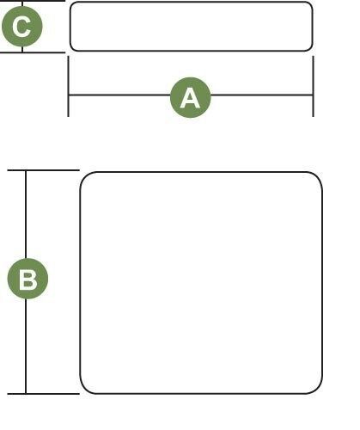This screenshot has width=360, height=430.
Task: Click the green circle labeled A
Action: tap(191, 97)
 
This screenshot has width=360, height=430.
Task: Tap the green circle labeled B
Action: tap(27, 279)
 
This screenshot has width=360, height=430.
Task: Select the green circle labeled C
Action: tap(22, 26)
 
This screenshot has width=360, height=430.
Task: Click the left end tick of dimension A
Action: tap(68, 86)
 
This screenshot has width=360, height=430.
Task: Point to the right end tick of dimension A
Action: tap(314, 86)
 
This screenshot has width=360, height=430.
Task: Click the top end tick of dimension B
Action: tap(43, 170)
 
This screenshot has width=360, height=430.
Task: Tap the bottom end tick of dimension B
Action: tap(43, 394)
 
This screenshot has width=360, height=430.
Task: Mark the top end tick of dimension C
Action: tap(33, 1)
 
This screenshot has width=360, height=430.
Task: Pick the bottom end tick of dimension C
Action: tap(33, 52)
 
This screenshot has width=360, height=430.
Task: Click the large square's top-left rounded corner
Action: tap(84, 176)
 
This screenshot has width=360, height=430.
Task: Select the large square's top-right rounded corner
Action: tap(318, 176)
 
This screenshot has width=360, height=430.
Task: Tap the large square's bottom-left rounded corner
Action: tap(84, 390)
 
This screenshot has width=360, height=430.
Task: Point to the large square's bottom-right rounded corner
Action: tap(318, 390)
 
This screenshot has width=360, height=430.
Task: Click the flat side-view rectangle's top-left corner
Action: tap(72, 3)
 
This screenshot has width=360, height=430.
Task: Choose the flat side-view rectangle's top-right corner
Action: tap(310, 3)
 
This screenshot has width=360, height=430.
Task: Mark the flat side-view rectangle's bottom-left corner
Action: tap(72, 49)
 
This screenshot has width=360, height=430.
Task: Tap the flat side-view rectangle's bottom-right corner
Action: tap(310, 49)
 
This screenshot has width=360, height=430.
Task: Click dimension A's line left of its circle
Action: tap(119, 95)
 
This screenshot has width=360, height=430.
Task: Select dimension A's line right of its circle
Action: tap(262, 95)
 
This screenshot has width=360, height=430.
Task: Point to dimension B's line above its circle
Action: tap(26, 214)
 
